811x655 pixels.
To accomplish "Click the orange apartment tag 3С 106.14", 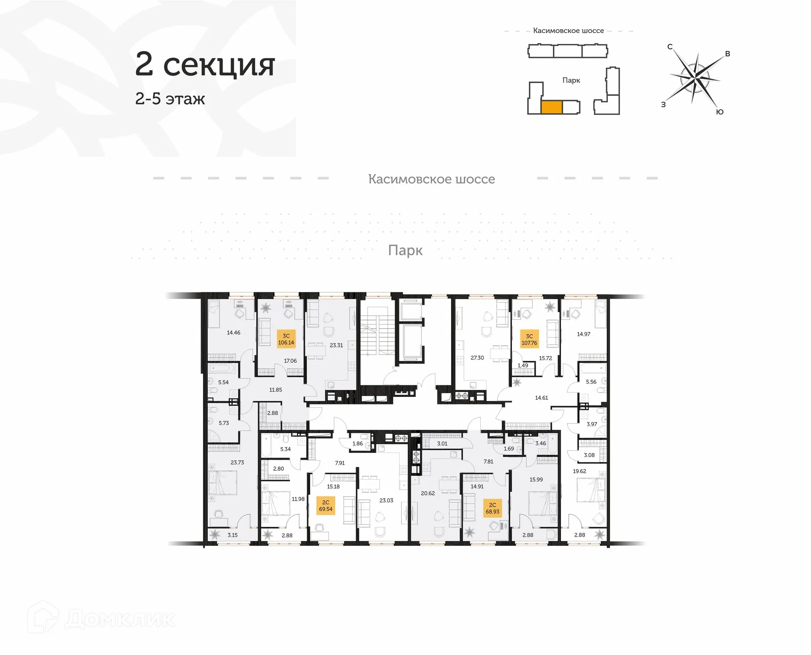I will (x=286, y=339).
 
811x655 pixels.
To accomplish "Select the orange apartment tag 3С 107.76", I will (x=529, y=339).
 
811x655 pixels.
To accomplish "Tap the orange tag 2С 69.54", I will (x=326, y=506).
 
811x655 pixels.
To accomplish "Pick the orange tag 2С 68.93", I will (x=493, y=508).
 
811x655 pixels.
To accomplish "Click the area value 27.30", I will (x=477, y=358).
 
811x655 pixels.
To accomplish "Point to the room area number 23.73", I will (x=237, y=462).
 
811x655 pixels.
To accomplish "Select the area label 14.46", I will (x=233, y=333).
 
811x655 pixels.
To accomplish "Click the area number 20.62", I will (x=427, y=493).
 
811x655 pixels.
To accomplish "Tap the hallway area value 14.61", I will (x=541, y=398).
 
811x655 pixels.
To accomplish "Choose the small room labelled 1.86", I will (x=357, y=444).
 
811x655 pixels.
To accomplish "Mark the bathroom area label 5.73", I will (x=223, y=423).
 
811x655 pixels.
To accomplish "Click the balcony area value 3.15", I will (x=232, y=535).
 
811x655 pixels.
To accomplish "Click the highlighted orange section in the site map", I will (x=551, y=107).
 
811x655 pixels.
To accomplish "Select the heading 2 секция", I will (x=205, y=65).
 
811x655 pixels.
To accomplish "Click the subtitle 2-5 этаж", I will (x=170, y=99).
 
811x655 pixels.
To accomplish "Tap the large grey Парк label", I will (x=405, y=250).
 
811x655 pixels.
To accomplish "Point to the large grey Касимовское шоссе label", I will (x=431, y=179).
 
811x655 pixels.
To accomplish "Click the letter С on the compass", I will (x=669, y=47).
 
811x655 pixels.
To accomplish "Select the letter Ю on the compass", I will (x=720, y=112).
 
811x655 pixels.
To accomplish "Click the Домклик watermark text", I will (x=120, y=620).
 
